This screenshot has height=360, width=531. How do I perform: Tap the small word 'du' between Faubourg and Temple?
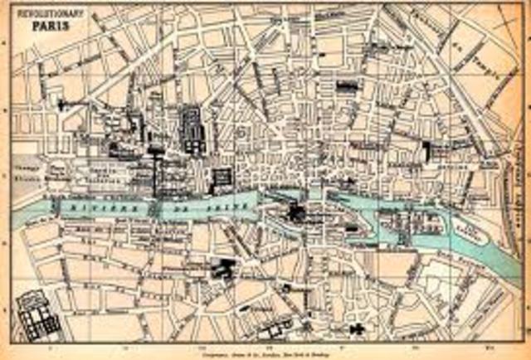460,47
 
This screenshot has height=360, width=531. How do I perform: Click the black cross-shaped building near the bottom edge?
358,328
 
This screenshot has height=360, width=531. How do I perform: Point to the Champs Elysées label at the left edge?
31,170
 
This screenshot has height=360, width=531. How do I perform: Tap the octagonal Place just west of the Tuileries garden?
58,169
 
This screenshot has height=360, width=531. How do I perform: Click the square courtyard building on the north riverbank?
222,178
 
